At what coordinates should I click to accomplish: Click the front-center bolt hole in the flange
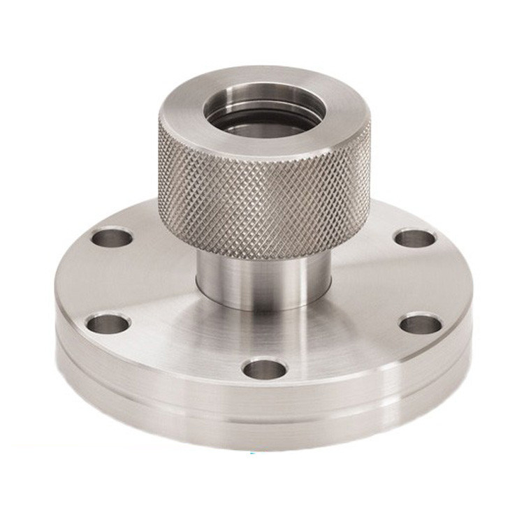coord(264,367)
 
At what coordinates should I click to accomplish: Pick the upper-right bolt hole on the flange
coord(414,238)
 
